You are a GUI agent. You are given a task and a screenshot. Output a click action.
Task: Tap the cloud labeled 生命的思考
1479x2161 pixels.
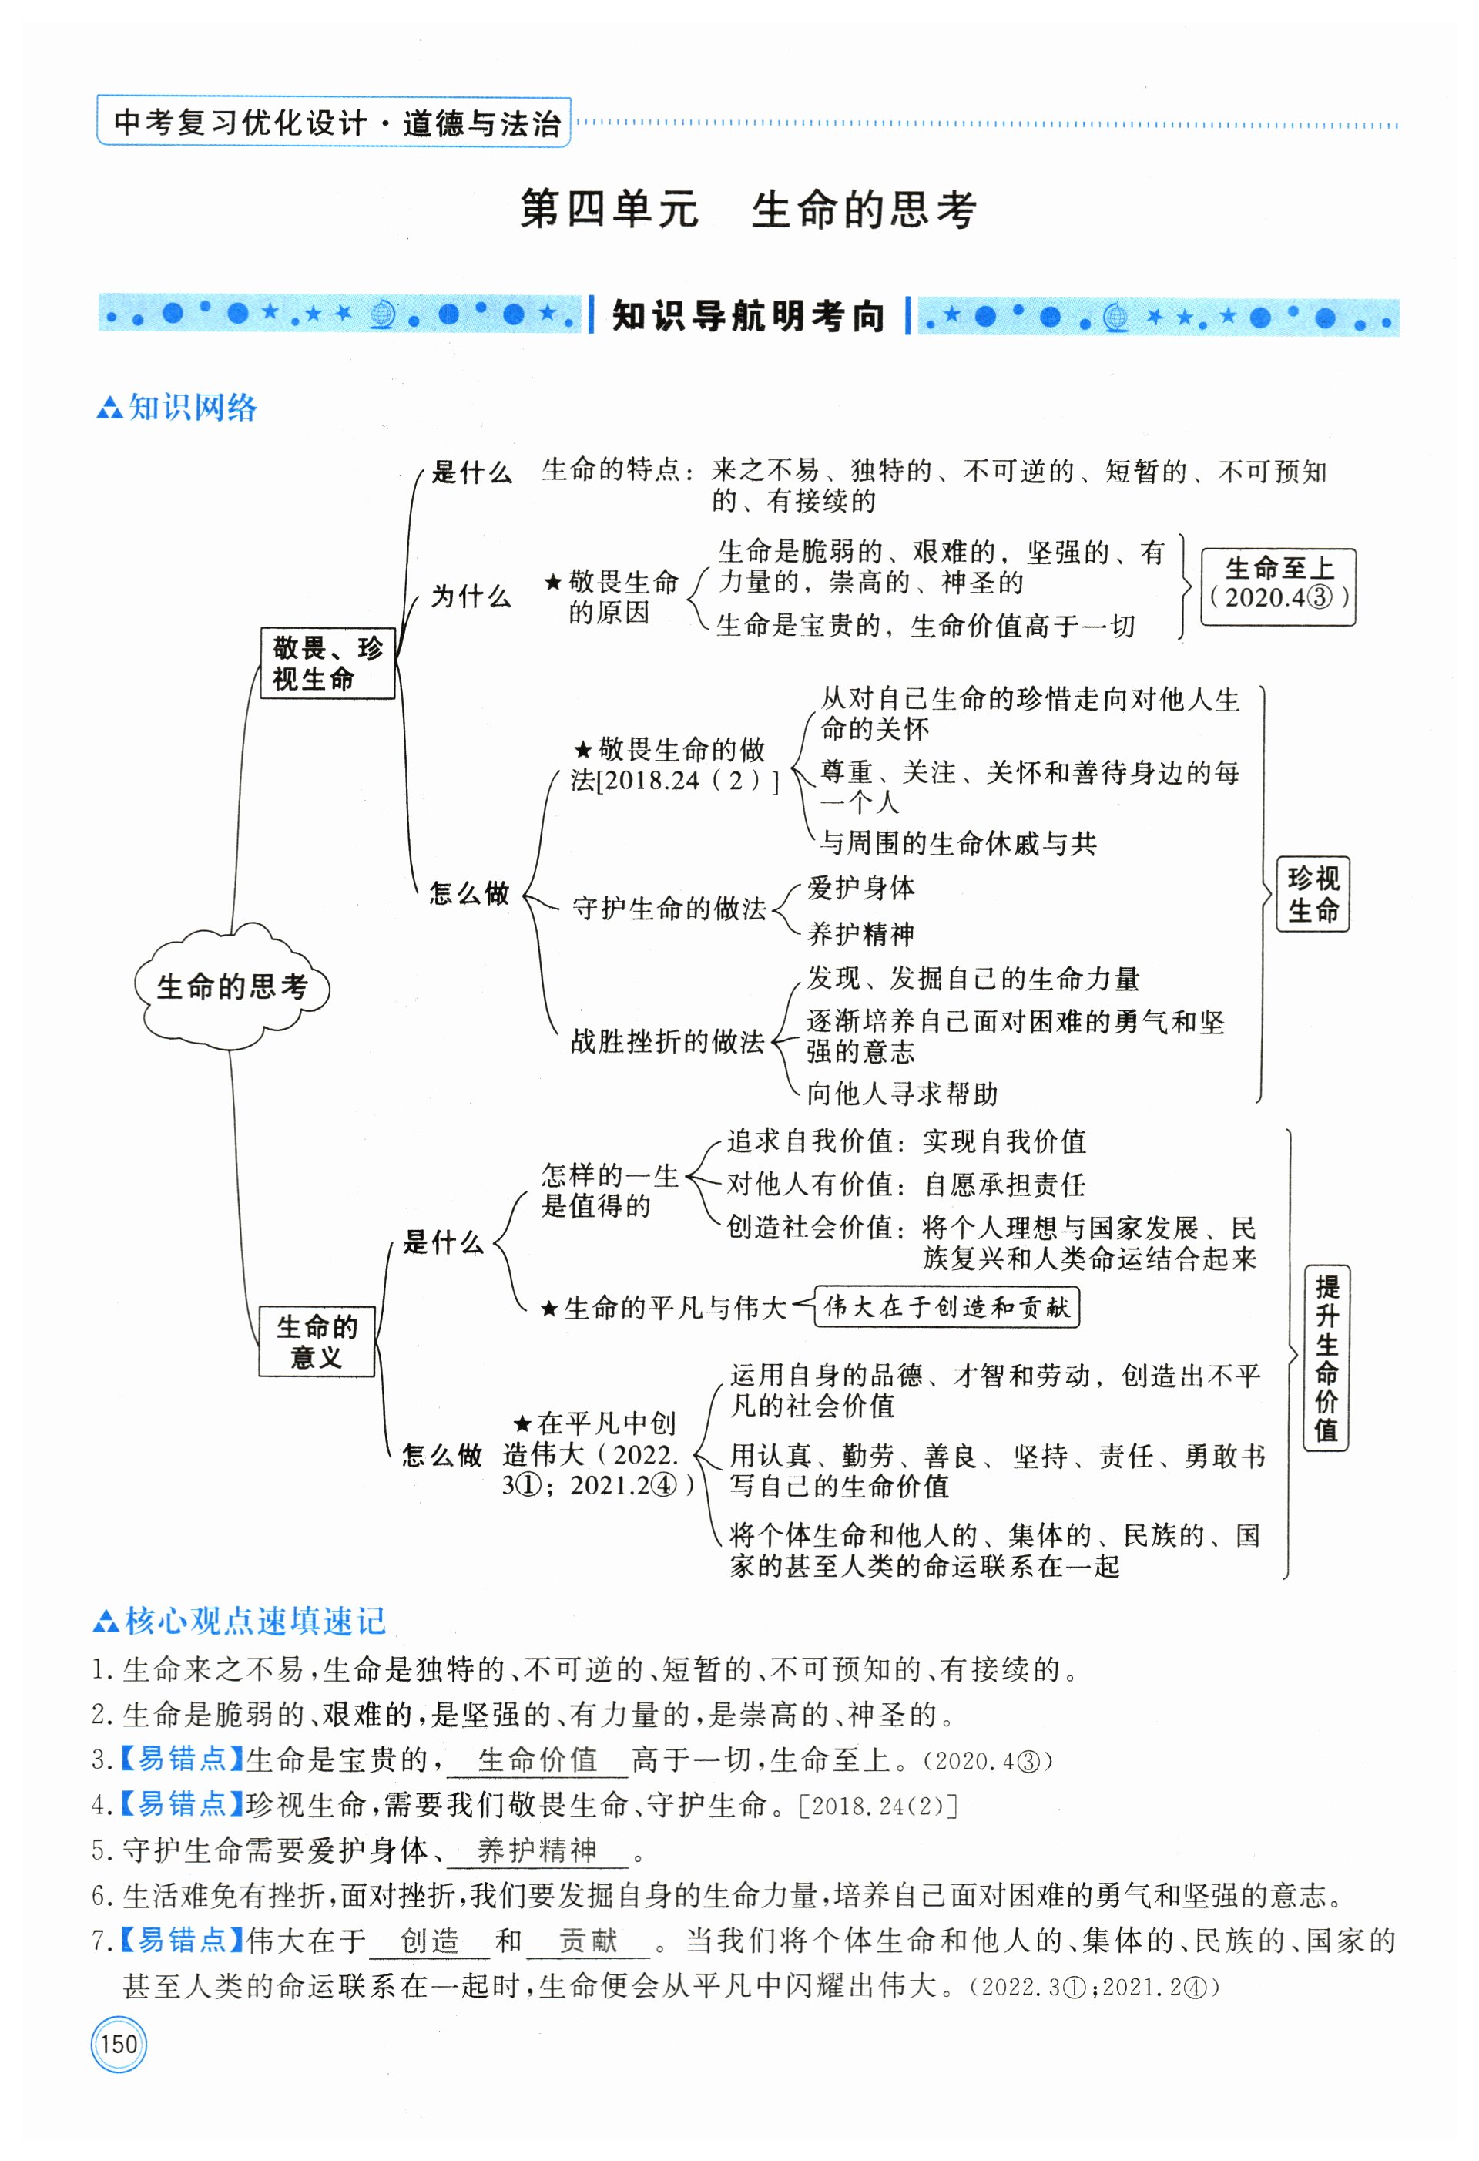(231, 986)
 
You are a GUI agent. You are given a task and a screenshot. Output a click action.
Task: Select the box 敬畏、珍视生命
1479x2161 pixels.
(327, 663)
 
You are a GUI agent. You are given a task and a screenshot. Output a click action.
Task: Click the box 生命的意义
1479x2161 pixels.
(316, 1341)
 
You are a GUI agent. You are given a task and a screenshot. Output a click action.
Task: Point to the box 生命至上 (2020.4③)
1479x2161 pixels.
(1278, 583)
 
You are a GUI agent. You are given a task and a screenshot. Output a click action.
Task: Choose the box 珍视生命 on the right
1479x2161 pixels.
(1312, 892)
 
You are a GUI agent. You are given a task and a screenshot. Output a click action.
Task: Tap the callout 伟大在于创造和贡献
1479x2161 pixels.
(947, 1307)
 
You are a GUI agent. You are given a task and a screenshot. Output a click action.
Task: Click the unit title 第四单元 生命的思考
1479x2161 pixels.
(747, 209)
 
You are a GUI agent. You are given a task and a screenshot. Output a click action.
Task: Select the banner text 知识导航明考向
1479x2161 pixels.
(748, 316)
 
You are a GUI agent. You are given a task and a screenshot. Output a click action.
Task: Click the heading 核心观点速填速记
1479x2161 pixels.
(255, 1621)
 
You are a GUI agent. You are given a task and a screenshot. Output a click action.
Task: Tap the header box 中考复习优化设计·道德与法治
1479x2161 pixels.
(334, 123)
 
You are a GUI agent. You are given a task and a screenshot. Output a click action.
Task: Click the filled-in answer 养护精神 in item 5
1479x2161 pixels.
(538, 1850)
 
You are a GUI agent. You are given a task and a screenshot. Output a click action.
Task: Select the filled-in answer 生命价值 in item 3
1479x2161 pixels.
(538, 1759)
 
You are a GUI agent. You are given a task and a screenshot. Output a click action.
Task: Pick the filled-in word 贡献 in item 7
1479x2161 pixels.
(588, 1940)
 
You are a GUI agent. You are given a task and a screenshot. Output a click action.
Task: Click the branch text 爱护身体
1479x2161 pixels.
(860, 888)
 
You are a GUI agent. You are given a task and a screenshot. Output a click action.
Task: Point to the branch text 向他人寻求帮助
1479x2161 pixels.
(902, 1094)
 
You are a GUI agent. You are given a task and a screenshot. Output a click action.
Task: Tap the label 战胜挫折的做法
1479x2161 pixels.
(667, 1041)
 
